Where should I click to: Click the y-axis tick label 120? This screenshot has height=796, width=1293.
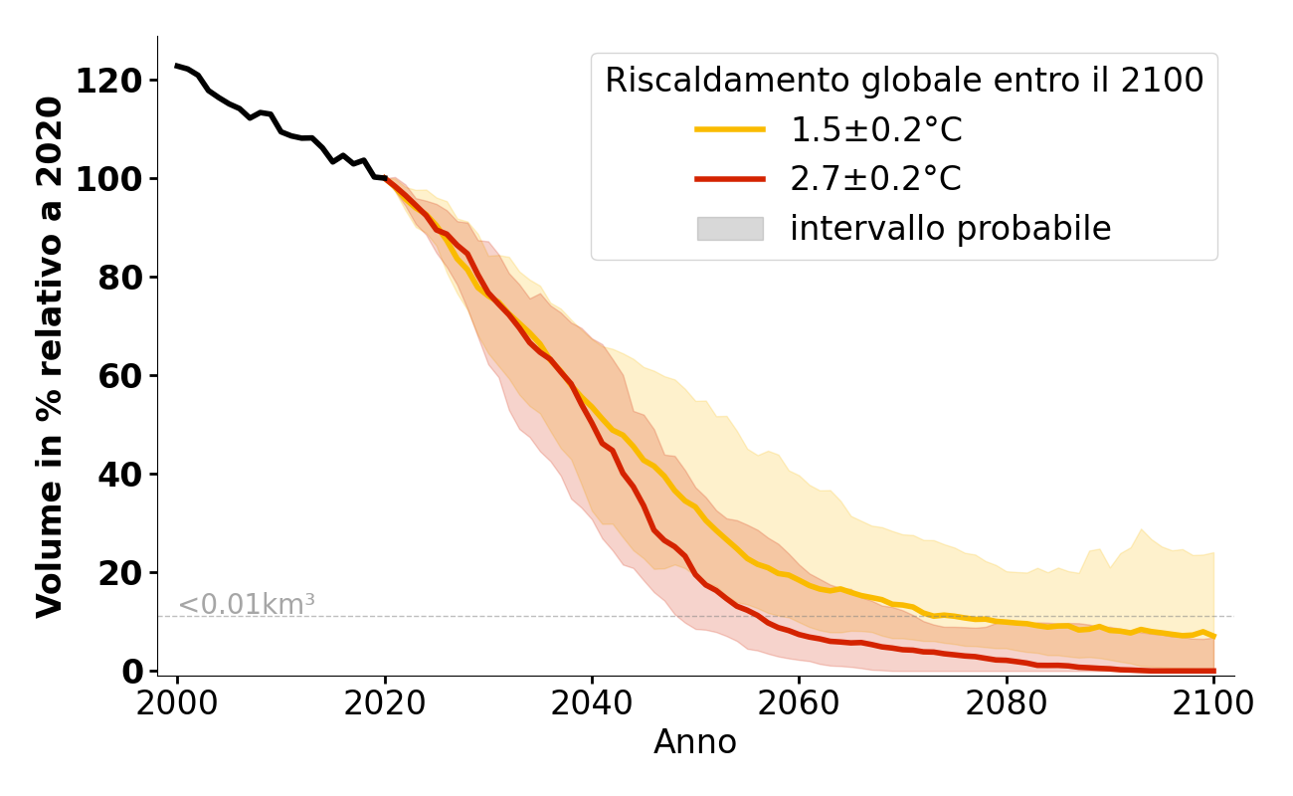pyautogui.click(x=108, y=81)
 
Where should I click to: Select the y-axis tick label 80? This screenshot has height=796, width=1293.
pyautogui.click(x=119, y=278)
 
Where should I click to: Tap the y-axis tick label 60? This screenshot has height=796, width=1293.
pyautogui.click(x=119, y=376)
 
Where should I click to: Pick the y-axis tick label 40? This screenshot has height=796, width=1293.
pyautogui.click(x=119, y=475)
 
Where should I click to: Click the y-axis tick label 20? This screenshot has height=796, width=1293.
pyautogui.click(x=119, y=573)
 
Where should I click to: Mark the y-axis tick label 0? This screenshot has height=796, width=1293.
pyautogui.click(x=131, y=672)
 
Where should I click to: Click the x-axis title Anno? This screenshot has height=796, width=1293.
pyautogui.click(x=695, y=742)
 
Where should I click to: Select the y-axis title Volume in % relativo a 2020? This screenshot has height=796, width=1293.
pyautogui.click(x=50, y=356)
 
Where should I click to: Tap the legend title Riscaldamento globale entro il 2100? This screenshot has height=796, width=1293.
pyautogui.click(x=904, y=81)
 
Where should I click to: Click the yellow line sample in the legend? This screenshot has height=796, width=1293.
pyautogui.click(x=730, y=129)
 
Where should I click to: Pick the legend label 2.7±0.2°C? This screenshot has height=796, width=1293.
pyautogui.click(x=876, y=179)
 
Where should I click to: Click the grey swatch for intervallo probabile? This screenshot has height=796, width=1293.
pyautogui.click(x=730, y=229)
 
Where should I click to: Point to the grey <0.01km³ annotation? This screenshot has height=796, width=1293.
pyautogui.click(x=247, y=604)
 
